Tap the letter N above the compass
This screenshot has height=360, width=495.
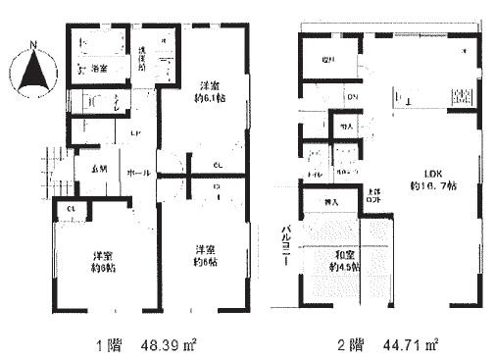[x=32, y=43]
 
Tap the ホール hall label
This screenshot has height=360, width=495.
[x=138, y=173]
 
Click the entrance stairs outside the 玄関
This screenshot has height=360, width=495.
[x=54, y=169]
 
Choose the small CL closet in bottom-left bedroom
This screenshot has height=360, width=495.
[x=71, y=210]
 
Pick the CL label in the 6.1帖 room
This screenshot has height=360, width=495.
[x=219, y=164]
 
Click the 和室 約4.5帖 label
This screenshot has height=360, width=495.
[x=345, y=260]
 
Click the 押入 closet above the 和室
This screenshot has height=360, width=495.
[x=330, y=203]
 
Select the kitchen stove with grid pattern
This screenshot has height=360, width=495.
[x=462, y=96]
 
